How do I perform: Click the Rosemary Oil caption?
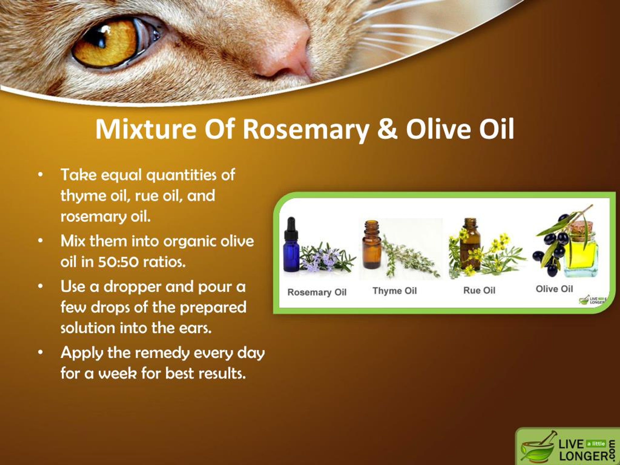[317, 292]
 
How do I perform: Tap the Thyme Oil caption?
[395, 291]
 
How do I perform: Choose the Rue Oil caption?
[479, 290]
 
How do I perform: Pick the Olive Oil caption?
[554, 289]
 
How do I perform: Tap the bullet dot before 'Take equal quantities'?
[41, 175]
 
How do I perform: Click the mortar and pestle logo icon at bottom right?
[537, 447]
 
